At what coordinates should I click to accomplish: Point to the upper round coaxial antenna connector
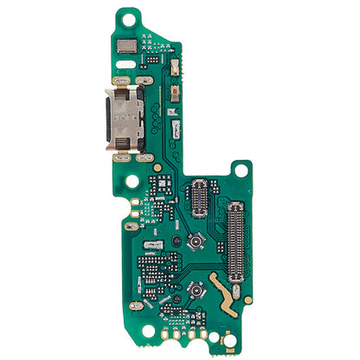pos(198,239)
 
